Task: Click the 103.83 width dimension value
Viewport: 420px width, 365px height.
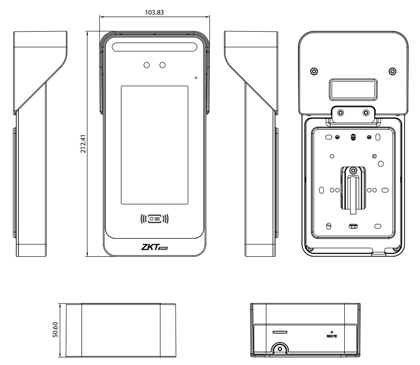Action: pyautogui.click(x=154, y=12)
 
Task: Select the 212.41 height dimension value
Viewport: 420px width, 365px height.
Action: pyautogui.click(x=83, y=144)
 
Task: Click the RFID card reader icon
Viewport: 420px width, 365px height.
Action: pyautogui.click(x=154, y=219)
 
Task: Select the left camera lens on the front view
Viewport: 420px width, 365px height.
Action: pyautogui.click(x=146, y=65)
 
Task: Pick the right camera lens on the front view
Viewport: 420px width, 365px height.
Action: pyautogui.click(x=162, y=65)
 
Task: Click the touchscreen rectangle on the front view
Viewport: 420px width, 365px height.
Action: pyautogui.click(x=154, y=144)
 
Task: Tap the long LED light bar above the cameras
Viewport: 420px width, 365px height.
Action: pyautogui.click(x=154, y=47)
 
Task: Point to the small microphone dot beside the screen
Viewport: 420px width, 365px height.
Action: pyautogui.click(x=196, y=77)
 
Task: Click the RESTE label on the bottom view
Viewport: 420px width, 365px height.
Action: pyautogui.click(x=332, y=336)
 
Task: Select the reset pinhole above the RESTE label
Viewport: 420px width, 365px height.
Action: pyautogui.click(x=332, y=330)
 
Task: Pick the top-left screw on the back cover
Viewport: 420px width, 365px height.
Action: pyautogui.click(x=314, y=71)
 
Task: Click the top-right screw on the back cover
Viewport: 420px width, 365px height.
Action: pyautogui.click(x=392, y=71)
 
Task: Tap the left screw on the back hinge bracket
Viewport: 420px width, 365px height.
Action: pyautogui.click(x=340, y=113)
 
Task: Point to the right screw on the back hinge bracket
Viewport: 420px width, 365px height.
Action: pyautogui.click(x=366, y=113)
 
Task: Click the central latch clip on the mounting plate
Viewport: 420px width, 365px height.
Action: pyautogui.click(x=352, y=188)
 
